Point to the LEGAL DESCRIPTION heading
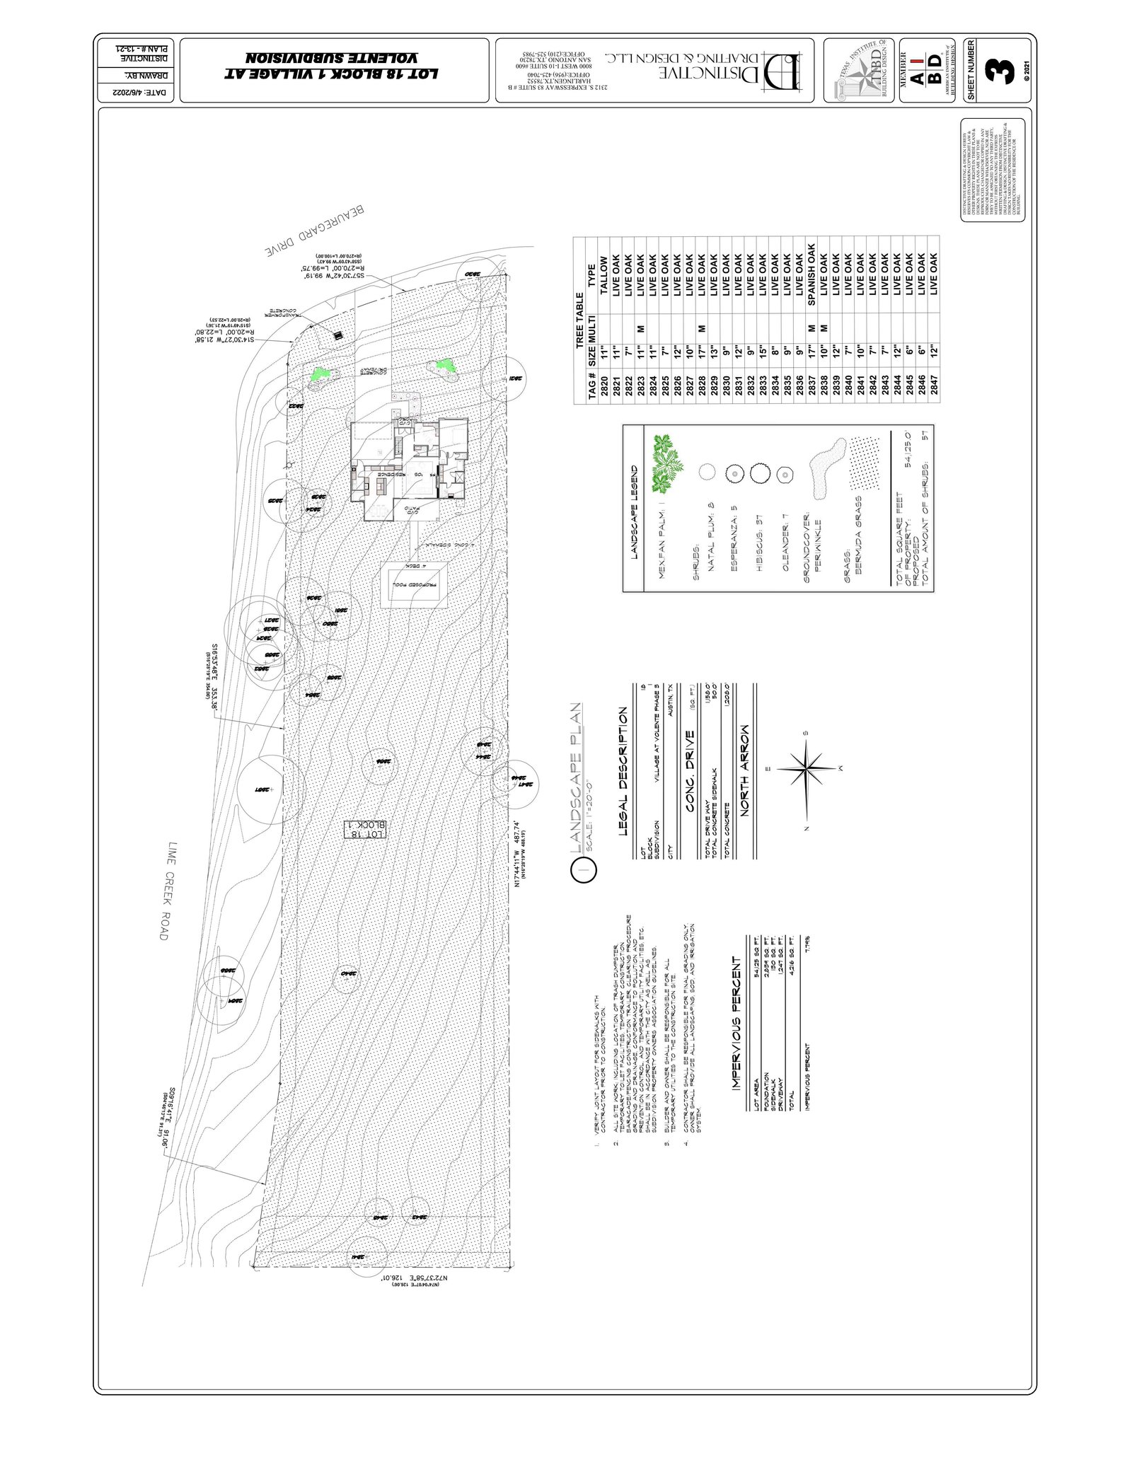click(623, 771)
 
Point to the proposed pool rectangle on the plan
click(415, 584)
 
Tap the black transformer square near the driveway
click(338, 336)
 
